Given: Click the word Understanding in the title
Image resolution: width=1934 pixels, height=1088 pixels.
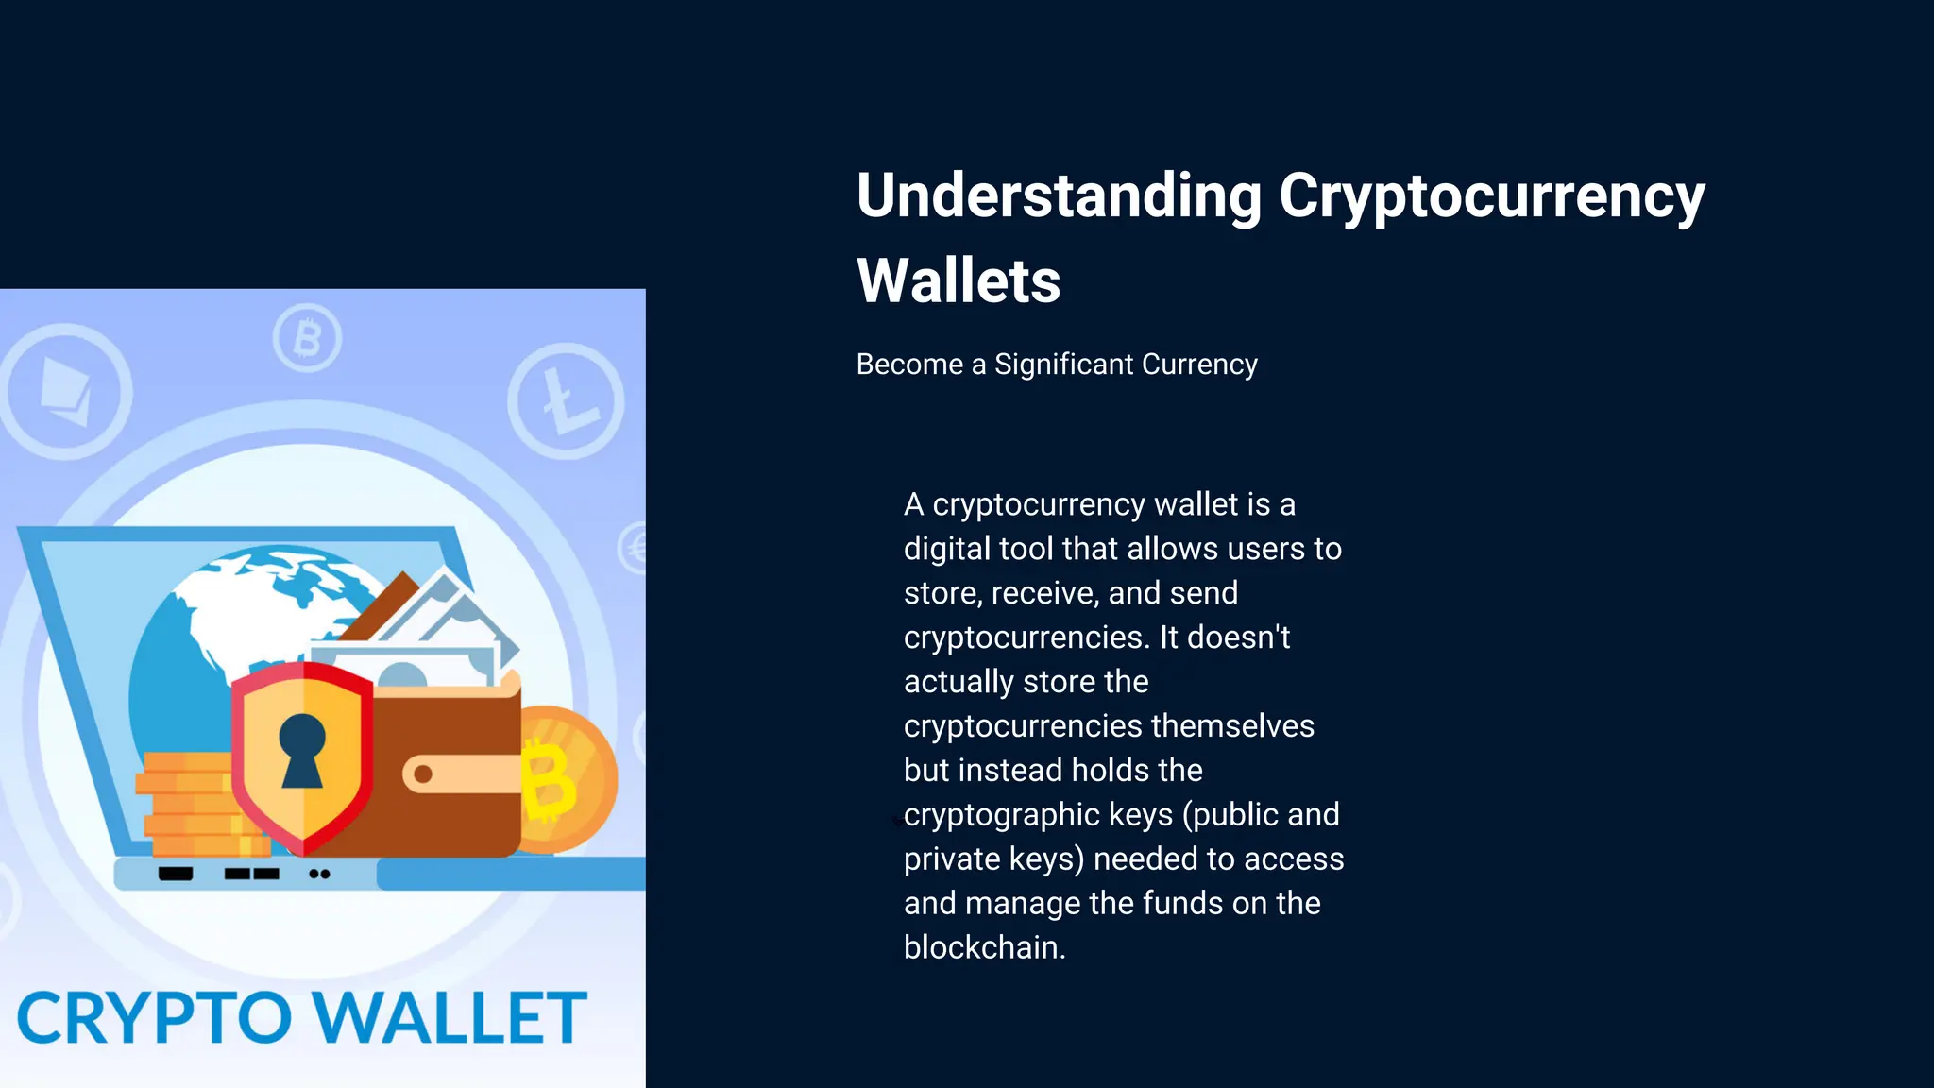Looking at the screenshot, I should tap(1059, 196).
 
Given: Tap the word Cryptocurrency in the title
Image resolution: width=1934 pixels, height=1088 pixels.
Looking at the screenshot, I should tap(1492, 196).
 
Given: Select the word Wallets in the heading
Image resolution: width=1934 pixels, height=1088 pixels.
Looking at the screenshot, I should tap(959, 281).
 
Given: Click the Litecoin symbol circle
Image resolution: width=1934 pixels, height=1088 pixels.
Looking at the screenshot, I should tap(566, 401).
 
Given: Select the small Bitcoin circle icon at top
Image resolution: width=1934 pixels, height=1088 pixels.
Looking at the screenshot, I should tap(307, 337).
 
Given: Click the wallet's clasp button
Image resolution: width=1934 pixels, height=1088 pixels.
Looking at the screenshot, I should tap(423, 774).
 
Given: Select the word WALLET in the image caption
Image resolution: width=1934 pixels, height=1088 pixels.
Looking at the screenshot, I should tap(450, 1019).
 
